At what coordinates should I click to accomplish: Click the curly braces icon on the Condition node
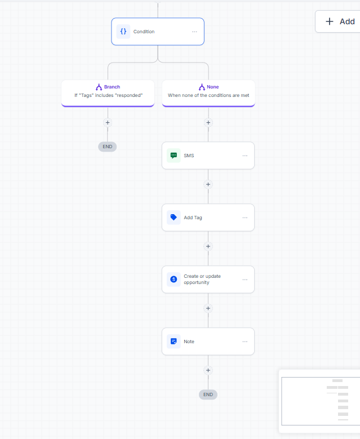[x=123, y=32]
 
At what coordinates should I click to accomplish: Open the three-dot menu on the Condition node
[x=194, y=32]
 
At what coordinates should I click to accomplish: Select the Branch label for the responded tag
[x=112, y=87]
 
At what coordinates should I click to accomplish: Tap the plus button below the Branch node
[x=108, y=123]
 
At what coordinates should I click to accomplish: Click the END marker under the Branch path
[x=108, y=147]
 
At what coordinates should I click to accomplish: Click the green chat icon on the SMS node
[x=174, y=156]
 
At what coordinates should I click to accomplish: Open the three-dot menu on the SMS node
[x=245, y=156]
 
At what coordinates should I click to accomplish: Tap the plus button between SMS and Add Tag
[x=208, y=184]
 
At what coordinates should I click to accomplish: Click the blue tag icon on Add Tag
[x=174, y=218]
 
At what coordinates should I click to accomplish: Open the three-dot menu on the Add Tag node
[x=245, y=218]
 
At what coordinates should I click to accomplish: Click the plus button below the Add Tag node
[x=208, y=246]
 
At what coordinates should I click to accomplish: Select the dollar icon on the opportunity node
[x=174, y=279]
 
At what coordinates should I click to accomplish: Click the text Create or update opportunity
[x=202, y=279]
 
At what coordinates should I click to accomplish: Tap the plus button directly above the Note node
[x=208, y=308]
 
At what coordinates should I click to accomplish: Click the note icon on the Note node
[x=174, y=342]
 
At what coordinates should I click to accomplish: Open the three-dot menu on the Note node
[x=245, y=342]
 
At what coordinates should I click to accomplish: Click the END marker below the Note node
[x=208, y=394]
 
